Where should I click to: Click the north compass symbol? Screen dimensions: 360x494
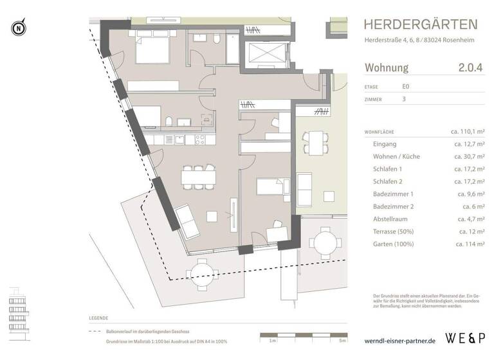18,28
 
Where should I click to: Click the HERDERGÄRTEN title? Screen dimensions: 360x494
421,25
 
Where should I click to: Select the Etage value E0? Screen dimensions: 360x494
406,87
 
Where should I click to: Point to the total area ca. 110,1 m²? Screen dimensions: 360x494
468,132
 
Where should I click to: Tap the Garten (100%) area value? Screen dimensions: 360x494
470,244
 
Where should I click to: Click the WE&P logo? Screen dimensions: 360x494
466,337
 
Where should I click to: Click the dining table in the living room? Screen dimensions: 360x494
196,175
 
